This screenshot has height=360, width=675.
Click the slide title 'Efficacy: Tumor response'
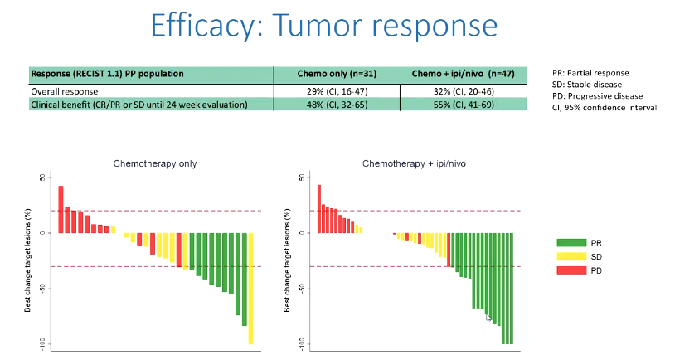(x=337, y=27)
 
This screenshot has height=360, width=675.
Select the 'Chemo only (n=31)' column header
(x=336, y=74)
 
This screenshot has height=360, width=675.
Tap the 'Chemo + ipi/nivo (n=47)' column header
(x=463, y=74)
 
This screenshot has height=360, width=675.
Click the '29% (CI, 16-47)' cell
(x=336, y=90)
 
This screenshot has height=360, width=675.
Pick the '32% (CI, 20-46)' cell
(x=463, y=90)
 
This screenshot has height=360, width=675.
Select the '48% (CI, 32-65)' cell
(x=336, y=105)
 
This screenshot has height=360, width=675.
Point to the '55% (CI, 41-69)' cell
(x=463, y=105)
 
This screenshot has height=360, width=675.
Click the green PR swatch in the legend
(x=572, y=243)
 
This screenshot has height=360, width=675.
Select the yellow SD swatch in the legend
(x=572, y=257)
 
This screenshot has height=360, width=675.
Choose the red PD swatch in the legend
(x=572, y=271)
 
